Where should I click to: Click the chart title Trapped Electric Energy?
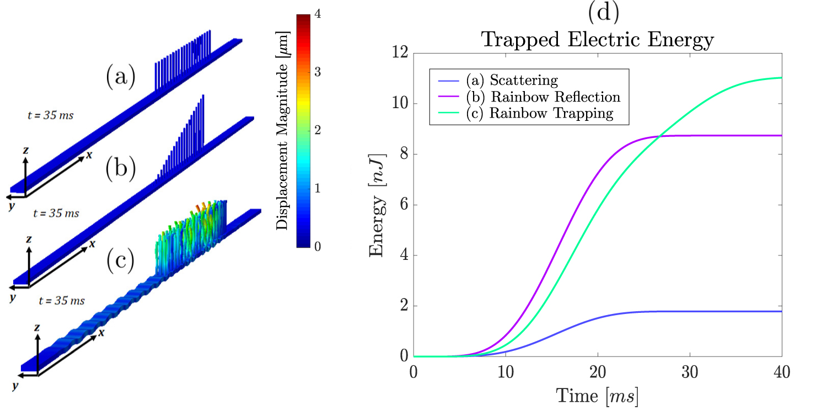(597, 40)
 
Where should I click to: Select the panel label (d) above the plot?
(604, 12)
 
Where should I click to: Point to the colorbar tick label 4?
(318, 14)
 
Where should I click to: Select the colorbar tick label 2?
(318, 130)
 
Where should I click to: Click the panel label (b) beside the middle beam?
(120, 169)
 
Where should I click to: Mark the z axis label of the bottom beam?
(36, 328)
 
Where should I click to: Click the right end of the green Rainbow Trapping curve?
(781, 78)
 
